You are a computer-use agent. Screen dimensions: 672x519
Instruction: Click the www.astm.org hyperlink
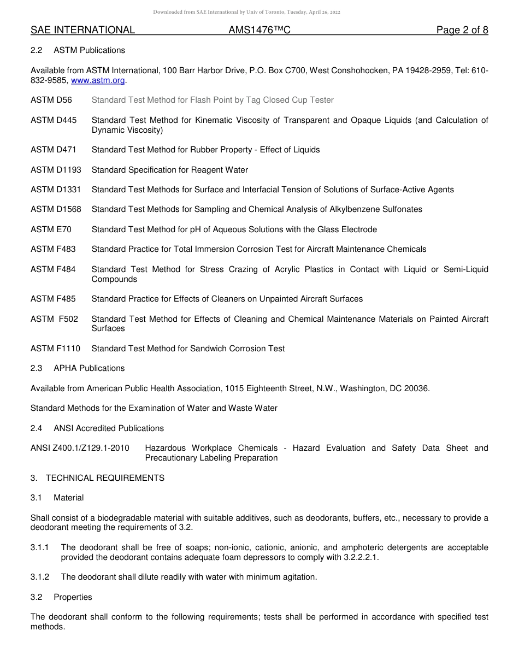click(x=98, y=80)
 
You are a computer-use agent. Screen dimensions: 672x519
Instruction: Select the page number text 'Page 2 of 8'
click(x=462, y=30)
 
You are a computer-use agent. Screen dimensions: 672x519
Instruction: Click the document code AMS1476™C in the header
click(x=259, y=30)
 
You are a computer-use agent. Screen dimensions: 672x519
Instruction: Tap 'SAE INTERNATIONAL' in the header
click(x=82, y=30)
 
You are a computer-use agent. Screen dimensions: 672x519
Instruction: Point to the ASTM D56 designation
click(x=51, y=100)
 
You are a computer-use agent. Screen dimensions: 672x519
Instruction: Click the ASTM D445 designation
click(x=54, y=120)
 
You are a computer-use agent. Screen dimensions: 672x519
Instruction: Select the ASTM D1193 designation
click(x=56, y=170)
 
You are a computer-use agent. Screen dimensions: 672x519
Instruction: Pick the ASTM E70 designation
click(x=51, y=229)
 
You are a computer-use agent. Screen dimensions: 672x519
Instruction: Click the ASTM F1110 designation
click(x=56, y=349)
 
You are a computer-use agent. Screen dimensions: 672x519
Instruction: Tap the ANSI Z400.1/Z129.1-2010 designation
click(x=80, y=448)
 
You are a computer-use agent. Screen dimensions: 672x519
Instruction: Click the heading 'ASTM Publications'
click(x=89, y=50)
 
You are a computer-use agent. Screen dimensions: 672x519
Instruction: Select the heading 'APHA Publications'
click(x=89, y=368)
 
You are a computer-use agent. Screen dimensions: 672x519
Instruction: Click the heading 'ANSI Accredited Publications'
click(x=109, y=428)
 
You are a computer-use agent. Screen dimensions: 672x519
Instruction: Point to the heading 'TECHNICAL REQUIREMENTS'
click(x=105, y=478)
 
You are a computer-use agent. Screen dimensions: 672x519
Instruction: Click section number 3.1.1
click(x=40, y=547)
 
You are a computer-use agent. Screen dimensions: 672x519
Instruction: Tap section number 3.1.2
click(x=40, y=577)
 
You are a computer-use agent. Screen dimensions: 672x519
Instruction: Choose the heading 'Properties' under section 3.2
click(x=73, y=597)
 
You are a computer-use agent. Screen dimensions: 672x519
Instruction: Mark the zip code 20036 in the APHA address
click(x=417, y=388)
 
